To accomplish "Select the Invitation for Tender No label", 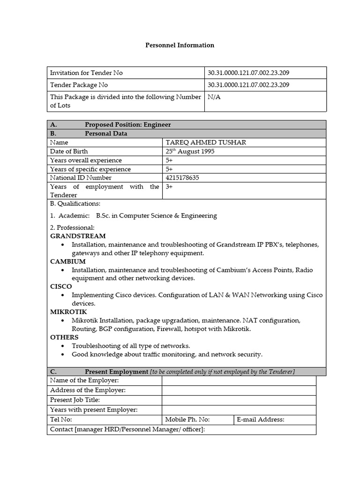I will pyautogui.click(x=86, y=73).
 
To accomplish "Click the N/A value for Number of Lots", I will pyautogui.click(x=214, y=97).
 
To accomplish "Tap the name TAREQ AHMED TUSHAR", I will pyautogui.click(x=205, y=142).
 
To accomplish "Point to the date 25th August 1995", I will pyautogui.click(x=190, y=151).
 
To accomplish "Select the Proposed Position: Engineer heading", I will pyautogui.click(x=127, y=125).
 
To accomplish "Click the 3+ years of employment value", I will pyautogui.click(x=169, y=187).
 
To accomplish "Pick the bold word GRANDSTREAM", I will pyautogui.click(x=78, y=236).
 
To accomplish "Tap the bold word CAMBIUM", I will pyautogui.click(x=68, y=261).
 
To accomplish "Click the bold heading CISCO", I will pyautogui.click(x=61, y=286).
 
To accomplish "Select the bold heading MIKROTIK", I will pyautogui.click(x=68, y=312).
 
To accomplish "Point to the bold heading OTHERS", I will pyautogui.click(x=64, y=337).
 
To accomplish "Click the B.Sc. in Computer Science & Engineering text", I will pyautogui.click(x=156, y=216).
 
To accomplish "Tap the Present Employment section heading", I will pyautogui.click(x=116, y=372).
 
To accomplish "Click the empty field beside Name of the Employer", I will pyautogui.click(x=239, y=380).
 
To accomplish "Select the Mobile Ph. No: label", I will pyautogui.click(x=187, y=420).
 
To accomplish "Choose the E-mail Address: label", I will pyautogui.click(x=260, y=420).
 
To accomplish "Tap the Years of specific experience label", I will pyautogui.click(x=90, y=169).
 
